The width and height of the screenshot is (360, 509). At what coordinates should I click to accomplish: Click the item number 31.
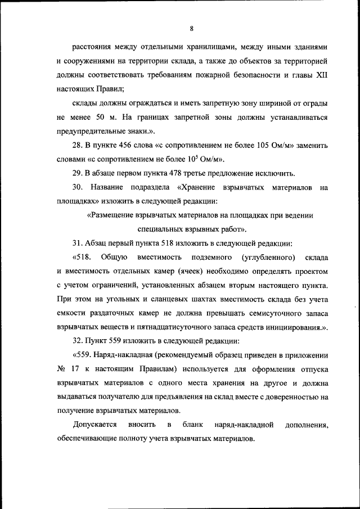(79, 243)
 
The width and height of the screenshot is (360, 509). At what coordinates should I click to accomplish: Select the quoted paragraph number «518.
(83, 258)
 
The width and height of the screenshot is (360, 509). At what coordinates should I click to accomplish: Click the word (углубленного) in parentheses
(267, 258)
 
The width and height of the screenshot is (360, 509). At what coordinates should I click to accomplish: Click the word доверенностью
(287, 398)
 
